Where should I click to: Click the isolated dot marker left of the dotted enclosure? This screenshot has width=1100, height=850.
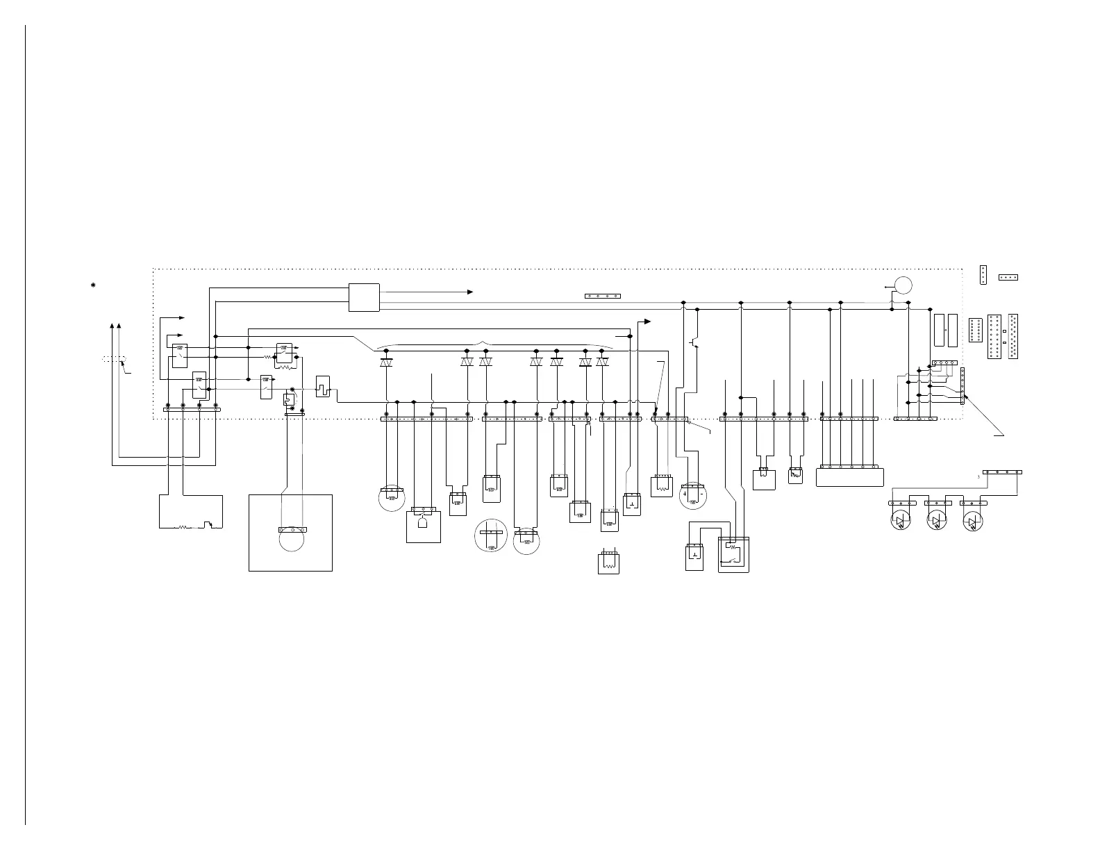point(93,285)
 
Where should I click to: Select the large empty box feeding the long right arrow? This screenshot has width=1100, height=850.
point(364,298)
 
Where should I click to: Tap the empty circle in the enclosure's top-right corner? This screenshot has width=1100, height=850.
point(903,285)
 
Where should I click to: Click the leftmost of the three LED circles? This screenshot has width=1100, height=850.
point(901,521)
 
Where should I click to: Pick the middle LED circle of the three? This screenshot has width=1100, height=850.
point(937,521)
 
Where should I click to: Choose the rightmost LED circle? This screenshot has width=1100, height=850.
point(973,521)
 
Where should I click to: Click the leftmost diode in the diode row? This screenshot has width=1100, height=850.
point(386,362)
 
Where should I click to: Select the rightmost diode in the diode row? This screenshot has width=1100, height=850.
point(602,362)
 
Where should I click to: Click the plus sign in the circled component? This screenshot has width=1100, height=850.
point(685,494)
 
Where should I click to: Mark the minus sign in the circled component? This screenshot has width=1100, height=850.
point(701,494)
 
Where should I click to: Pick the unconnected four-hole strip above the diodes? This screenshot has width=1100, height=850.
point(602,296)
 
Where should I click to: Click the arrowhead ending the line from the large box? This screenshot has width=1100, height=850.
point(470,292)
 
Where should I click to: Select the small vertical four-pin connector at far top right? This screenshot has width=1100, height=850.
point(983,275)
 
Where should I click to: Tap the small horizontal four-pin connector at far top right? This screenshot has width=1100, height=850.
point(1008,277)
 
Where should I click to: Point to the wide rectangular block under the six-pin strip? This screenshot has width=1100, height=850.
point(849,478)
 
